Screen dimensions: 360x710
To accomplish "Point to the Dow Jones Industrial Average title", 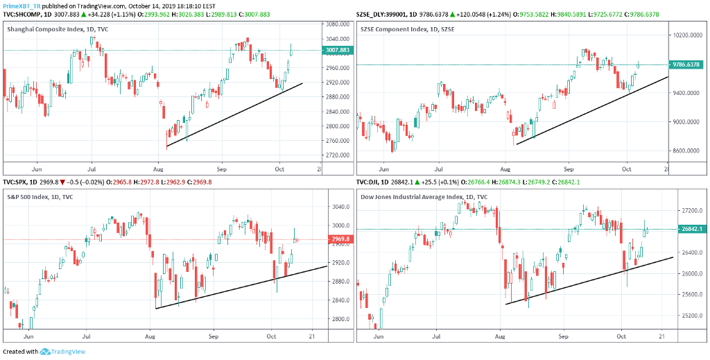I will click(x=424, y=196).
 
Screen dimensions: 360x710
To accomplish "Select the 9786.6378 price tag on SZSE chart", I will click(x=686, y=65).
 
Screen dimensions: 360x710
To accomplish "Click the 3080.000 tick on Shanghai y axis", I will click(x=336, y=24).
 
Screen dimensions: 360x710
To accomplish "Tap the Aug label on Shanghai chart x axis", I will click(x=159, y=169).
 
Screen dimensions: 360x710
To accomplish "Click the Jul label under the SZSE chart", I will click(x=438, y=169).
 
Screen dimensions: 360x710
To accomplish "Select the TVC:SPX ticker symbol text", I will click(x=17, y=182).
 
